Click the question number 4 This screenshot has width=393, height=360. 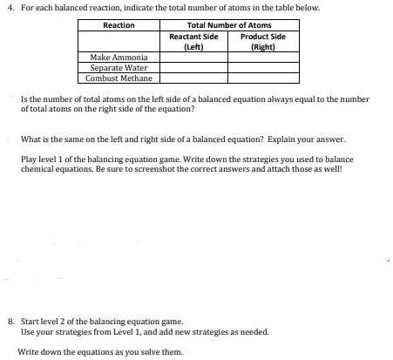pyautogui.click(x=10, y=8)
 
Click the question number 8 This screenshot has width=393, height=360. pyautogui.click(x=10, y=321)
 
